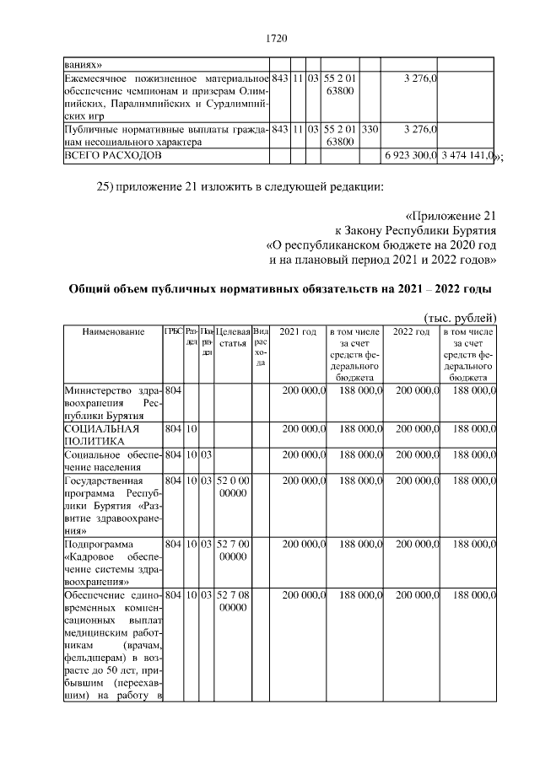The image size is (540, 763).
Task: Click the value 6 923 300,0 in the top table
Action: tap(409, 157)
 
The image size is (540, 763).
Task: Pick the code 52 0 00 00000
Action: tap(233, 486)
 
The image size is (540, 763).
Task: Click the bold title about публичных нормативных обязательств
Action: tap(279, 289)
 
